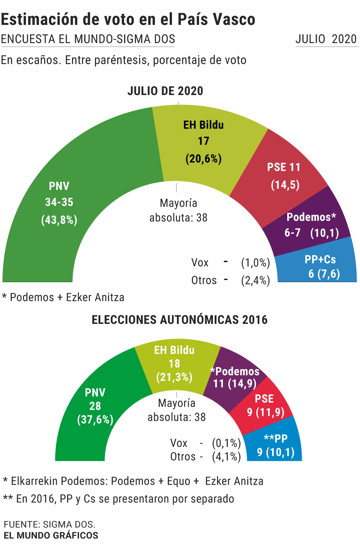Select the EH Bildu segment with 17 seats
click(203, 142)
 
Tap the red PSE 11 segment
click(284, 176)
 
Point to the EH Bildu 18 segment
click(174, 364)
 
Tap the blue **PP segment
click(276, 446)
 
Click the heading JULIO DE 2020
click(165, 91)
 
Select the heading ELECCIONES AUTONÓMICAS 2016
click(180, 320)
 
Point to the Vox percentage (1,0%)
click(255, 263)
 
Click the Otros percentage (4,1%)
click(226, 457)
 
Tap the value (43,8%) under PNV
click(59, 220)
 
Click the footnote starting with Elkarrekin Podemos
click(133, 481)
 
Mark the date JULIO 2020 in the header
click(326, 39)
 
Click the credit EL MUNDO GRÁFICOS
click(51, 535)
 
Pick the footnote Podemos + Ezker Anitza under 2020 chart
click(63, 297)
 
